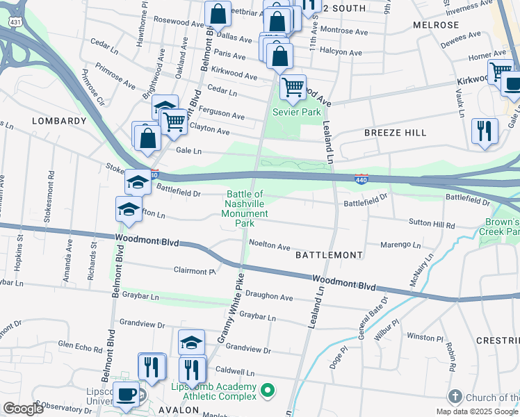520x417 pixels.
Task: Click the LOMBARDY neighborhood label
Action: pyautogui.click(x=59, y=121)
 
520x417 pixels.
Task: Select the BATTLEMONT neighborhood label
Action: pyautogui.click(x=329, y=255)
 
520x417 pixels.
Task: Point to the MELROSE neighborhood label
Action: pyautogui.click(x=436, y=24)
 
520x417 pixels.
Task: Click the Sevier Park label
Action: pyautogui.click(x=296, y=112)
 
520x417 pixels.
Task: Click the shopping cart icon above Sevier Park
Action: pyautogui.click(x=293, y=88)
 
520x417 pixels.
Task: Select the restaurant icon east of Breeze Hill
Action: pyautogui.click(x=484, y=131)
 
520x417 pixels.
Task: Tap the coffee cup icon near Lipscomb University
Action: pyautogui.click(x=126, y=394)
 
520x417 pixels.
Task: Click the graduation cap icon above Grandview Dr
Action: pyautogui.click(x=191, y=342)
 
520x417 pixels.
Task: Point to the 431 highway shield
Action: pyautogui.click(x=14, y=22)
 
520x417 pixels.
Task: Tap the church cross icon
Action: pyautogui.click(x=455, y=397)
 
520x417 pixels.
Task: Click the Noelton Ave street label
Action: pyautogui.click(x=269, y=247)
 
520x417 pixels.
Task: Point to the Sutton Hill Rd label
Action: pyautogui.click(x=432, y=226)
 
